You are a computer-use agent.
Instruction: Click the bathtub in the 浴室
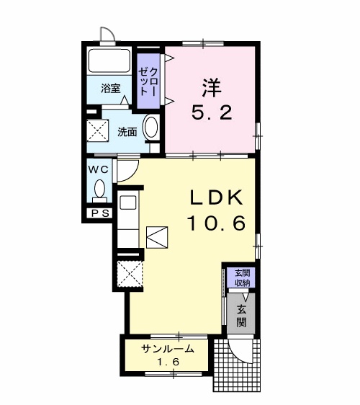(109, 61)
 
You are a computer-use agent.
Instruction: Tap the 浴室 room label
(111, 89)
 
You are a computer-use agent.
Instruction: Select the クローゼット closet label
(148, 81)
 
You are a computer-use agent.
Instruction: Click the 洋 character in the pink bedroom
(212, 87)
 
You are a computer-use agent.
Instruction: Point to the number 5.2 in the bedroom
(212, 112)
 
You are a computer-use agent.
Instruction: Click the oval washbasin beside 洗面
(151, 128)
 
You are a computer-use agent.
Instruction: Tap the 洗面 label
(127, 132)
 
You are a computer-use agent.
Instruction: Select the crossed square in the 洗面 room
(97, 130)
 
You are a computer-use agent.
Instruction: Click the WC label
(99, 169)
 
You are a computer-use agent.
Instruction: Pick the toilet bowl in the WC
(99, 189)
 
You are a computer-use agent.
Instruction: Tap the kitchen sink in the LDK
(128, 202)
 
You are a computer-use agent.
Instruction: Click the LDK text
(217, 197)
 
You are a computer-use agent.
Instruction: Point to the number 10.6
(216, 223)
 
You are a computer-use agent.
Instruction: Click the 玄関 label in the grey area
(241, 316)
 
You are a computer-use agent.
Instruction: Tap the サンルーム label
(168, 349)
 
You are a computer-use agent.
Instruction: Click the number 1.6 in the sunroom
(168, 362)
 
